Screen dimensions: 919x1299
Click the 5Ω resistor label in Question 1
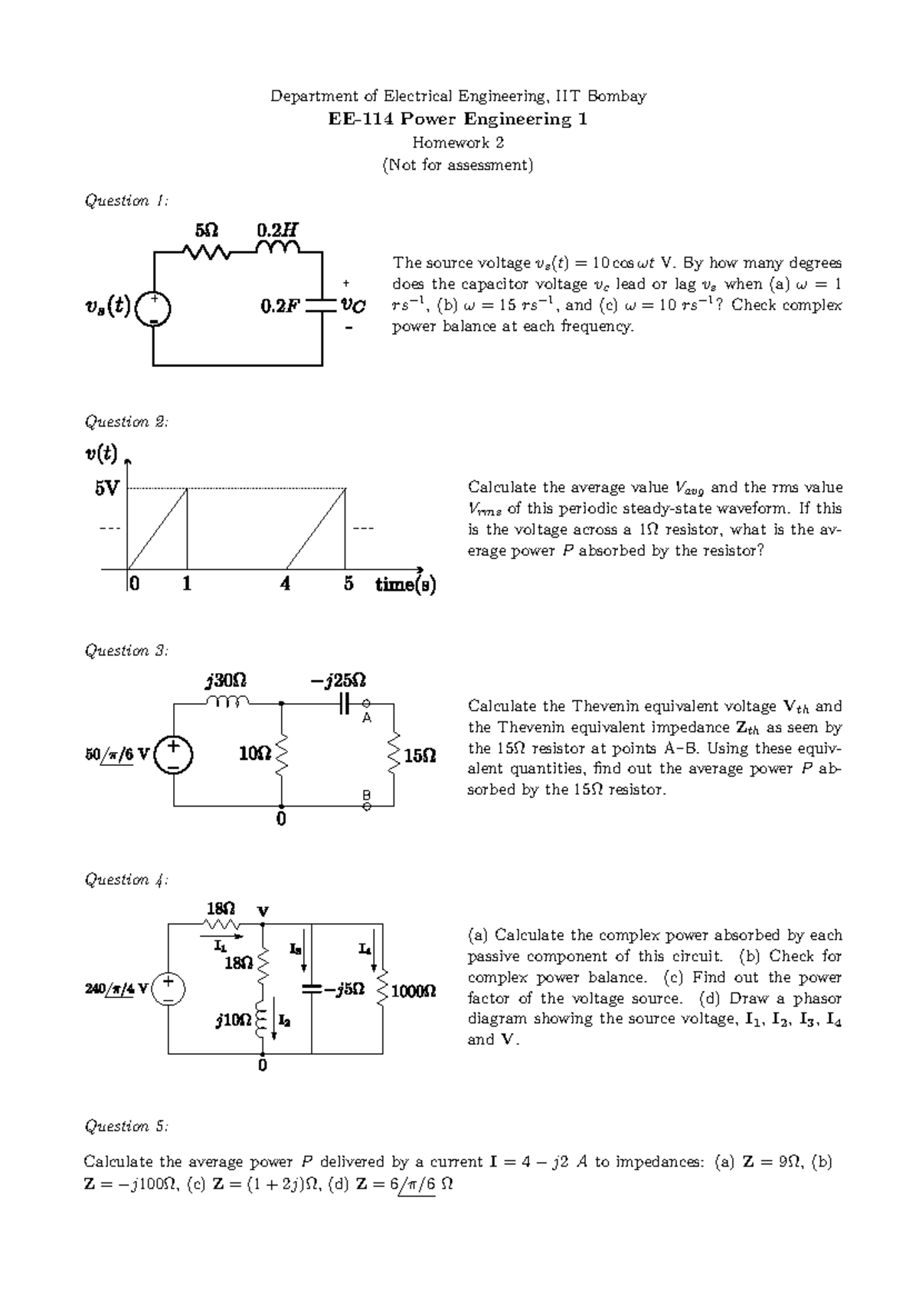[207, 230]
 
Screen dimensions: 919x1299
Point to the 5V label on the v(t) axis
[106, 488]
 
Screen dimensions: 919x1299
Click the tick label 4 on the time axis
[285, 584]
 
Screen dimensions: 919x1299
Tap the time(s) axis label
[405, 585]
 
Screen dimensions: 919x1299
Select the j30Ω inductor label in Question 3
[226, 680]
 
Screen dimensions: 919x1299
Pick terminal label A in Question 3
[367, 718]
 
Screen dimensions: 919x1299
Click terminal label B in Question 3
[367, 795]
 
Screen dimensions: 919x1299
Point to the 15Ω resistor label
[420, 756]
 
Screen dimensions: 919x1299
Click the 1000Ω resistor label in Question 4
[414, 991]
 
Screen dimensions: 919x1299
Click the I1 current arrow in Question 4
[222, 935]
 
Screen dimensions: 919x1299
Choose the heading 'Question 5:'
[126, 1126]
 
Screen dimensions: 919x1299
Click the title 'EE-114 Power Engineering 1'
[458, 119]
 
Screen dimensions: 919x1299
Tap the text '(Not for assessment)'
[458, 165]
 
